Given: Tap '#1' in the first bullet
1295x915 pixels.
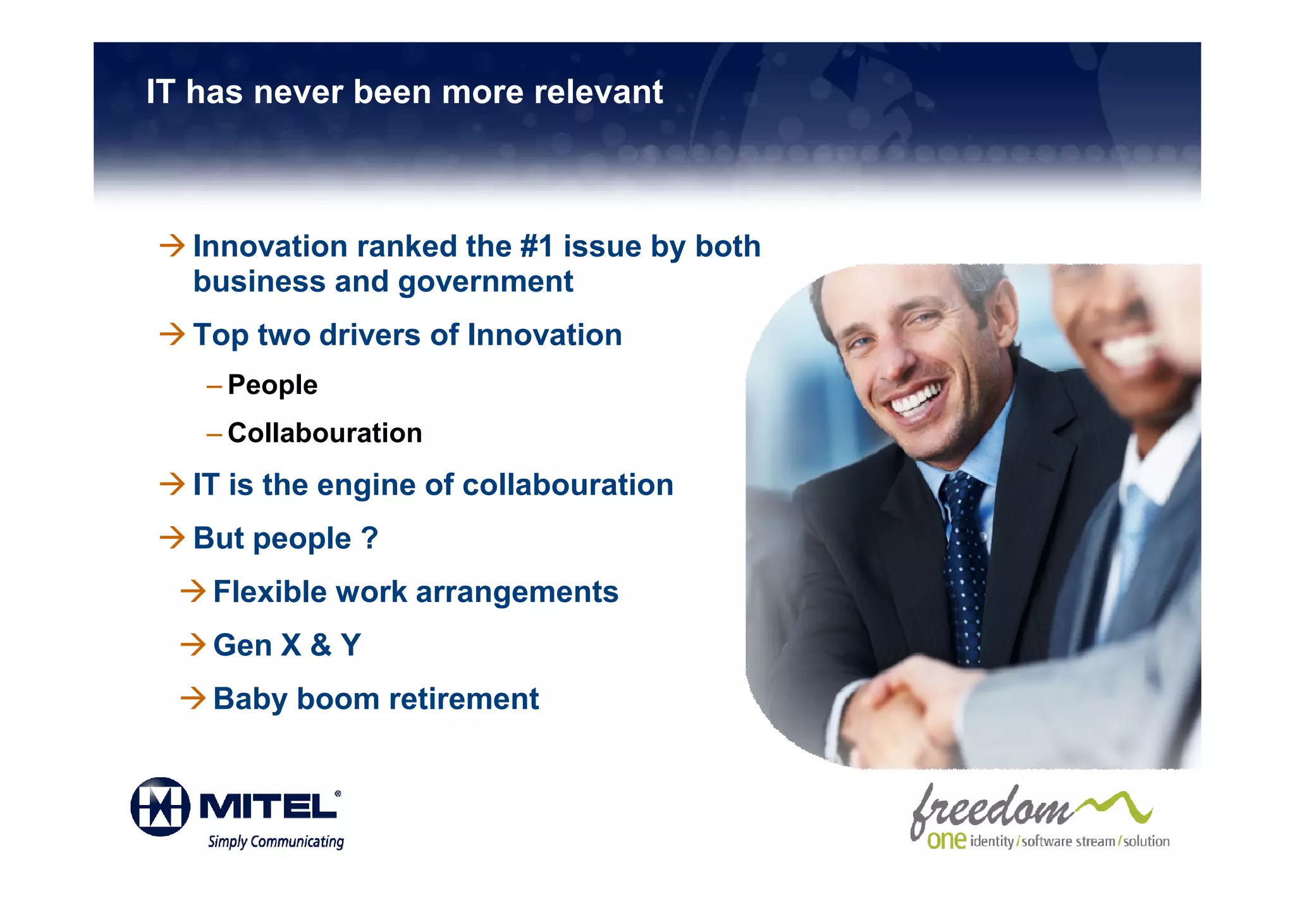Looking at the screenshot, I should tap(536, 246).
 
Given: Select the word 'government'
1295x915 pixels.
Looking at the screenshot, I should tap(486, 281).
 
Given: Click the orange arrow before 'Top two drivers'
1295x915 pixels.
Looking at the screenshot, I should tap(172, 334).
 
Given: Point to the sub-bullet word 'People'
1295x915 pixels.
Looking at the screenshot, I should tap(273, 384).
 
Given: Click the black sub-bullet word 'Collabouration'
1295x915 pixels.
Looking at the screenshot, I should tap(324, 433).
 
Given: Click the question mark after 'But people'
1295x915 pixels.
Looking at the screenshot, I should tap(370, 538).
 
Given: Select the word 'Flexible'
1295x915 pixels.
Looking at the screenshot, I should tap(270, 592).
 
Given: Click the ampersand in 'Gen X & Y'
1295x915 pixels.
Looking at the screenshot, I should tap(321, 645).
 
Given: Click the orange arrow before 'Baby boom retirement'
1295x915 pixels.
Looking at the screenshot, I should tap(193, 698).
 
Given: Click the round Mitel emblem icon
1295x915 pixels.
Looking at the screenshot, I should tap(160, 807).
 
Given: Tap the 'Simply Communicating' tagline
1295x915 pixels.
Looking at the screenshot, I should tap(276, 842).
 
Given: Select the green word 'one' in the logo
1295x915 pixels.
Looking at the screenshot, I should tap(946, 840).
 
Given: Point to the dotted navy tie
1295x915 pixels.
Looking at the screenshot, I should tap(964, 569).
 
